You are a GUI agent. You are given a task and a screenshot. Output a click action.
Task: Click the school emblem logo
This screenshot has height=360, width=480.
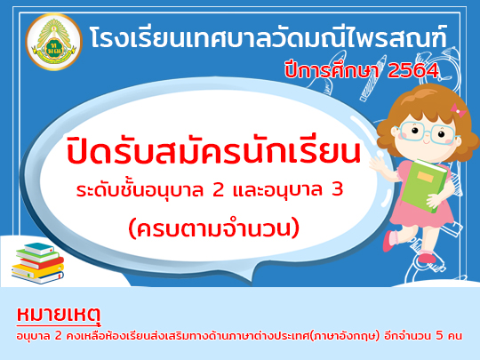coord(53,42)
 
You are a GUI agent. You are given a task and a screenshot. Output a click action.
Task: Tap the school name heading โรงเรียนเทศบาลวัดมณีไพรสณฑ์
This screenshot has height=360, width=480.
coord(268,38)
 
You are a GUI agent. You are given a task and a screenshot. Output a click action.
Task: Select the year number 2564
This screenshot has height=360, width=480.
coord(413,71)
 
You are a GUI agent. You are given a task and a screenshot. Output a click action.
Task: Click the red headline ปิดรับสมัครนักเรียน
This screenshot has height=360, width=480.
coord(213,151)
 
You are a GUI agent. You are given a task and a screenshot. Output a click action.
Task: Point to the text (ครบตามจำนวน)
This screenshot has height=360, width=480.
coord(213,229)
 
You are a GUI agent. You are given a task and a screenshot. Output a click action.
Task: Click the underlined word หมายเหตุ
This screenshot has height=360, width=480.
coord(59,316)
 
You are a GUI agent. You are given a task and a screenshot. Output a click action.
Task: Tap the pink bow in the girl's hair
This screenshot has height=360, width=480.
coord(458,110)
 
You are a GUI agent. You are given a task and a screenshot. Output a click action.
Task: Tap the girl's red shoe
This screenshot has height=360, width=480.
coord(428,258)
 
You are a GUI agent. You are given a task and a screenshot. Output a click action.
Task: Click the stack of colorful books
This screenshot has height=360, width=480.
coord(38,263)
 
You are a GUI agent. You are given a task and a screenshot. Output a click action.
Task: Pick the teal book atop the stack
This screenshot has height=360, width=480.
coord(39,249)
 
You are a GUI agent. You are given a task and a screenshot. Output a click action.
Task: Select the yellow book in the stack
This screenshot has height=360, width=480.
coord(37,271)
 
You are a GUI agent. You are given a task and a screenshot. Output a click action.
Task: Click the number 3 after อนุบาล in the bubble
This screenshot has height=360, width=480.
coord(337,189)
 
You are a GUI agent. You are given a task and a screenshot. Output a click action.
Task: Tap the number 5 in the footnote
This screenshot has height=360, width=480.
coord(439,336)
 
